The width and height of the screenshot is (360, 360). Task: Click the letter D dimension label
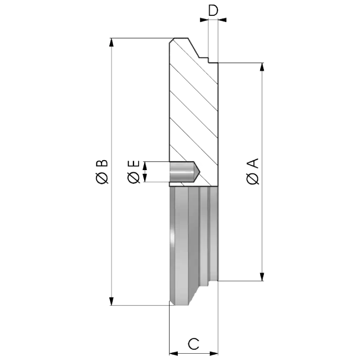pyautogui.click(x=213, y=10)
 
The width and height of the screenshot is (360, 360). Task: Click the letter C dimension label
pyautogui.click(x=193, y=344)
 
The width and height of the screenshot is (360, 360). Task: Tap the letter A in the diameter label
pyautogui.click(x=253, y=163)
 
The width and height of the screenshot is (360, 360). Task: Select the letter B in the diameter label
pyautogui.click(x=102, y=163)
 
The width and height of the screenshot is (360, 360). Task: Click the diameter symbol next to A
pyautogui.click(x=253, y=179)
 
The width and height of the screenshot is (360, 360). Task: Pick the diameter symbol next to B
pyautogui.click(x=102, y=178)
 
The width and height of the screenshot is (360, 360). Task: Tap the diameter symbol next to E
pyautogui.click(x=134, y=178)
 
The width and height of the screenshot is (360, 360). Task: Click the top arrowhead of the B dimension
pyautogui.click(x=111, y=42)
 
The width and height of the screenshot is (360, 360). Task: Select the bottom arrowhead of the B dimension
pyautogui.click(x=111, y=301)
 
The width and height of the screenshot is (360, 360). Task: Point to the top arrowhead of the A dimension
pyautogui.click(x=262, y=67)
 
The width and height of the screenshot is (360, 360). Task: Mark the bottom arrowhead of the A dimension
pyautogui.click(x=262, y=277)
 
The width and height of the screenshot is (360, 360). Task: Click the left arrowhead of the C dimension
pyautogui.click(x=173, y=353)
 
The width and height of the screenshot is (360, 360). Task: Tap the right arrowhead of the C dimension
pyautogui.click(x=214, y=353)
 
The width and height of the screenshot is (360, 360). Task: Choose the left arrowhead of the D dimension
pyautogui.click(x=204, y=20)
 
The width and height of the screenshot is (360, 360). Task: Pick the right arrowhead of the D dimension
pyautogui.click(x=222, y=20)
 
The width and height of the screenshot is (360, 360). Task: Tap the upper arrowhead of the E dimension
pyautogui.click(x=144, y=165)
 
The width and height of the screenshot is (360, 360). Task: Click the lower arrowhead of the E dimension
pyautogui.click(x=144, y=178)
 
